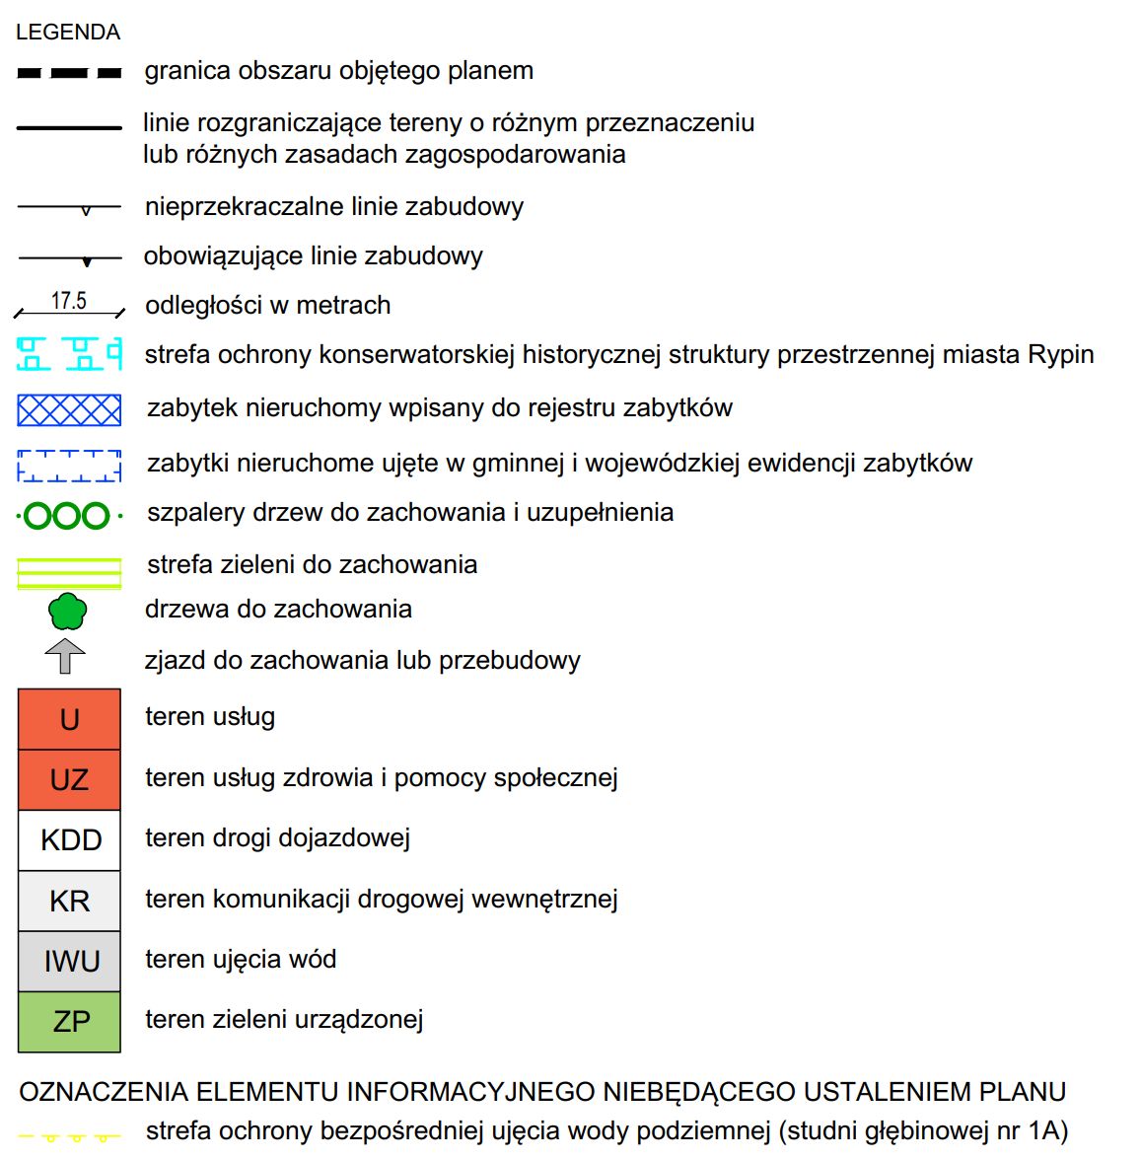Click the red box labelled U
(x=69, y=719)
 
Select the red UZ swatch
(x=69, y=779)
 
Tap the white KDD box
(x=69, y=840)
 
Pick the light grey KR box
(x=69, y=901)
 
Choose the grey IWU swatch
(x=69, y=961)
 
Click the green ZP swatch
(x=69, y=1021)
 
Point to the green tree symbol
(x=67, y=612)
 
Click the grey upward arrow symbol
(x=65, y=657)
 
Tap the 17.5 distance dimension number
(x=69, y=301)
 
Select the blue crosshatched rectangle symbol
(x=69, y=409)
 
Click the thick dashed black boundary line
(x=69, y=73)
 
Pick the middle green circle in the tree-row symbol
(x=67, y=516)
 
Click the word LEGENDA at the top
(x=68, y=33)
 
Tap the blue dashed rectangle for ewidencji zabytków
(x=69, y=466)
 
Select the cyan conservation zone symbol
(x=69, y=353)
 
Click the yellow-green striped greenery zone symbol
(x=69, y=573)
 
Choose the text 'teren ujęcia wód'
(x=241, y=960)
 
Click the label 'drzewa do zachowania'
(x=278, y=610)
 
